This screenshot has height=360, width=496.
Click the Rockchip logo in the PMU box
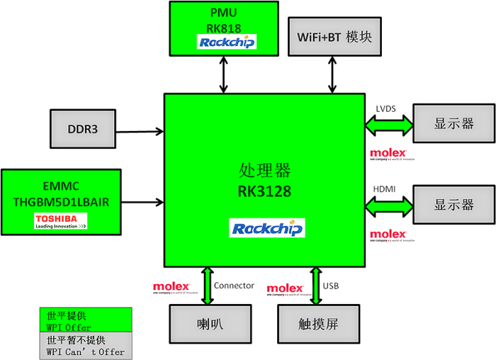point(226,43)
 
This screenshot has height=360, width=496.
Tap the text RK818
point(224,28)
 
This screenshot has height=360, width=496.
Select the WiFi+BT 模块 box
point(334,37)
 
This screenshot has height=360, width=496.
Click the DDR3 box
point(82,129)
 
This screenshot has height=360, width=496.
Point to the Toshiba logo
point(60,222)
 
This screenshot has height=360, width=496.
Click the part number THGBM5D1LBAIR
point(61,202)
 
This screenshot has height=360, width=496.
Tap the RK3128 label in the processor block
point(264,192)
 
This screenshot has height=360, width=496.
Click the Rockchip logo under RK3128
point(267,227)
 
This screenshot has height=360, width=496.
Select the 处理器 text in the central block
point(264,171)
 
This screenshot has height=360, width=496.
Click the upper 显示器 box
point(453,124)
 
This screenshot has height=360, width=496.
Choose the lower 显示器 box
point(453,205)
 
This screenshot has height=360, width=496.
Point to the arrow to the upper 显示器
point(389,125)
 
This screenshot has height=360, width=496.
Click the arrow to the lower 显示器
point(389,206)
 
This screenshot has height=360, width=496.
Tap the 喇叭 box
point(210,325)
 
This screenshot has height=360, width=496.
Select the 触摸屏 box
point(318,325)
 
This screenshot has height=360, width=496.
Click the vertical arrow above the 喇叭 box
point(208,286)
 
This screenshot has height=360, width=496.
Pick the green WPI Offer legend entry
point(85,320)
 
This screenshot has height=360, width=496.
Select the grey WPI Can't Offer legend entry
point(85,345)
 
